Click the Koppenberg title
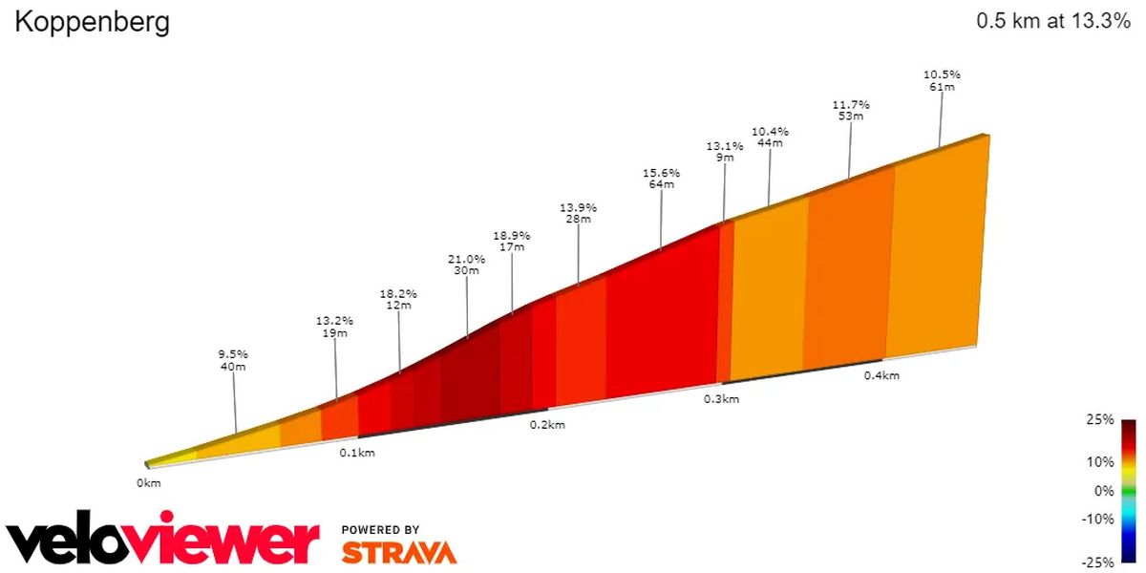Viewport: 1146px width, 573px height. coord(92,24)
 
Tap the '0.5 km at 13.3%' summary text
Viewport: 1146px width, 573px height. coord(1052,21)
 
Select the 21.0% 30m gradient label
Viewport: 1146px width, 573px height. coord(466,265)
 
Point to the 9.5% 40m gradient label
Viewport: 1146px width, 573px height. coord(233,360)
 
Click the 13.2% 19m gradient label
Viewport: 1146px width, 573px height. coord(334,327)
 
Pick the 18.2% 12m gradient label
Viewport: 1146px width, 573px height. coord(398,299)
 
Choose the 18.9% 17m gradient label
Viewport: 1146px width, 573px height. coord(512,242)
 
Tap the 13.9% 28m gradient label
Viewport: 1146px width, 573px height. coord(578,213)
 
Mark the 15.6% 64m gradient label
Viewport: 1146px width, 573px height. coord(662,179)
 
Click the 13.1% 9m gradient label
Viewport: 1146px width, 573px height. coord(725,152)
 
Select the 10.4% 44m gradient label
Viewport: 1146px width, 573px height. coord(770,138)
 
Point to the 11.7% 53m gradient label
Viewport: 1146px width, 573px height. coord(851,110)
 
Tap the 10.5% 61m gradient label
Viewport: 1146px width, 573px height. coord(942,80)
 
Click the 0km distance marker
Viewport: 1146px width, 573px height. coord(149,483)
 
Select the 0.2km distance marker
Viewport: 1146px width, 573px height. coord(547,425)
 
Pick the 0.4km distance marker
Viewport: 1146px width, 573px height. coord(881,375)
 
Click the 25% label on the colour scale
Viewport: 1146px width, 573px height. coord(1100,419)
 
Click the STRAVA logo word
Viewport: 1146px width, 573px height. coord(399,553)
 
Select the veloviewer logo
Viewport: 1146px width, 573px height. coord(162,537)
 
